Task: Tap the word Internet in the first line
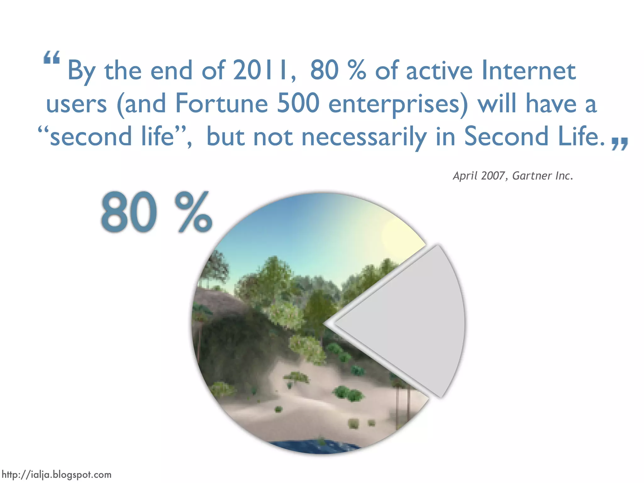[x=529, y=70]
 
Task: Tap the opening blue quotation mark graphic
[x=52, y=58]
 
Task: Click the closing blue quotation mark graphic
[x=619, y=144]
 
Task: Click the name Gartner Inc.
[x=542, y=176]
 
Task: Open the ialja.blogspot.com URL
[x=57, y=474]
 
